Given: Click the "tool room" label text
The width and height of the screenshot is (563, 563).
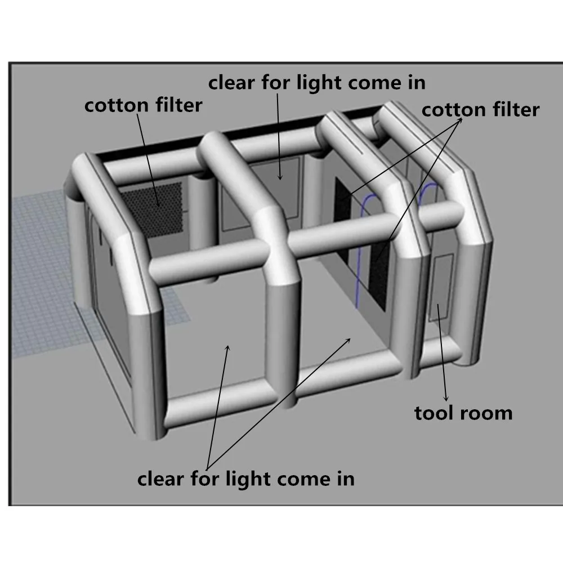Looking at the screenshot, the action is coord(463,413).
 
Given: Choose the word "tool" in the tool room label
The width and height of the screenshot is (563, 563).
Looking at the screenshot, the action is coord(435,413).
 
